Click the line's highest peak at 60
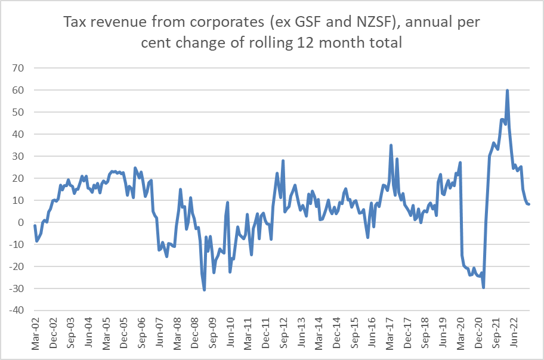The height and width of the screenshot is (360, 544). point(507,91)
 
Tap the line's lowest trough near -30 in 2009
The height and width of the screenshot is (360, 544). point(205,290)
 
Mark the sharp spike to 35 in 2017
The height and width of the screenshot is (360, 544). point(391,145)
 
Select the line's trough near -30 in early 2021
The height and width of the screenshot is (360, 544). point(483,287)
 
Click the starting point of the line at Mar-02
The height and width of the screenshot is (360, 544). point(35,226)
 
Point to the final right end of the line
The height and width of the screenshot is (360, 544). point(529,204)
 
